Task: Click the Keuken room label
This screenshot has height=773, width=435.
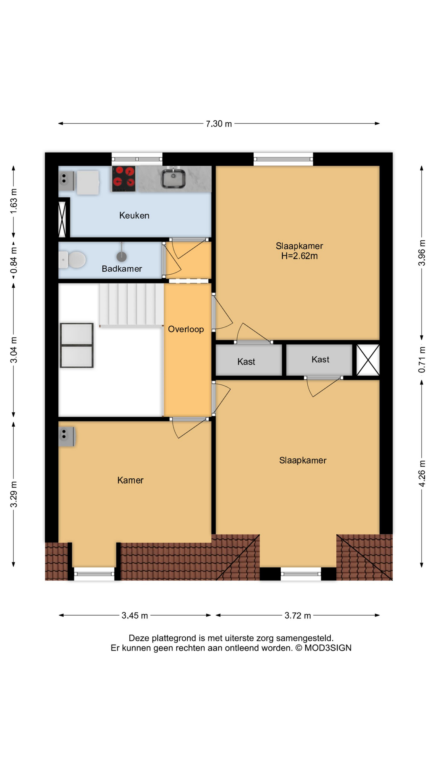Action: coord(134,215)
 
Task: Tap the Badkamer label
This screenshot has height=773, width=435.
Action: coord(122,269)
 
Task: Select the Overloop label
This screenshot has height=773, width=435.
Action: coord(186,329)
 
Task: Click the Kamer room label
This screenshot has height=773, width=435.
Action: coord(130,480)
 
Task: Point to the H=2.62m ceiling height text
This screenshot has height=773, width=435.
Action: coord(299,256)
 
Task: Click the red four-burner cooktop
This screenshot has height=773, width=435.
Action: coord(124,178)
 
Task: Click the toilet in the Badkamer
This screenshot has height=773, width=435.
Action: coord(72,260)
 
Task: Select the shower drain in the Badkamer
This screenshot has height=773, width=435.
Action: coord(122,256)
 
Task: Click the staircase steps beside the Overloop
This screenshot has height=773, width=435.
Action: coord(132,304)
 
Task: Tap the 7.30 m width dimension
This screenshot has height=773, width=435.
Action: coord(219,124)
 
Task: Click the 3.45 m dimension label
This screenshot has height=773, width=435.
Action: coord(135,615)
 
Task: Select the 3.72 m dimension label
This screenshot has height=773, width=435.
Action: coord(298,615)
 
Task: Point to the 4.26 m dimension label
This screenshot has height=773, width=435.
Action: coord(422,473)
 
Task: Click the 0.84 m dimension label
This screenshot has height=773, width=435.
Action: coord(14,260)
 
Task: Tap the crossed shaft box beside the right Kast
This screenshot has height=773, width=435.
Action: coord(368,360)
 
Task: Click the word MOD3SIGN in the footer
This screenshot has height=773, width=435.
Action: coord(328,648)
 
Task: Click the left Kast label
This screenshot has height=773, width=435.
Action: coord(246,362)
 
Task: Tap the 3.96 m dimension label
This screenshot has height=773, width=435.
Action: coord(422,253)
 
